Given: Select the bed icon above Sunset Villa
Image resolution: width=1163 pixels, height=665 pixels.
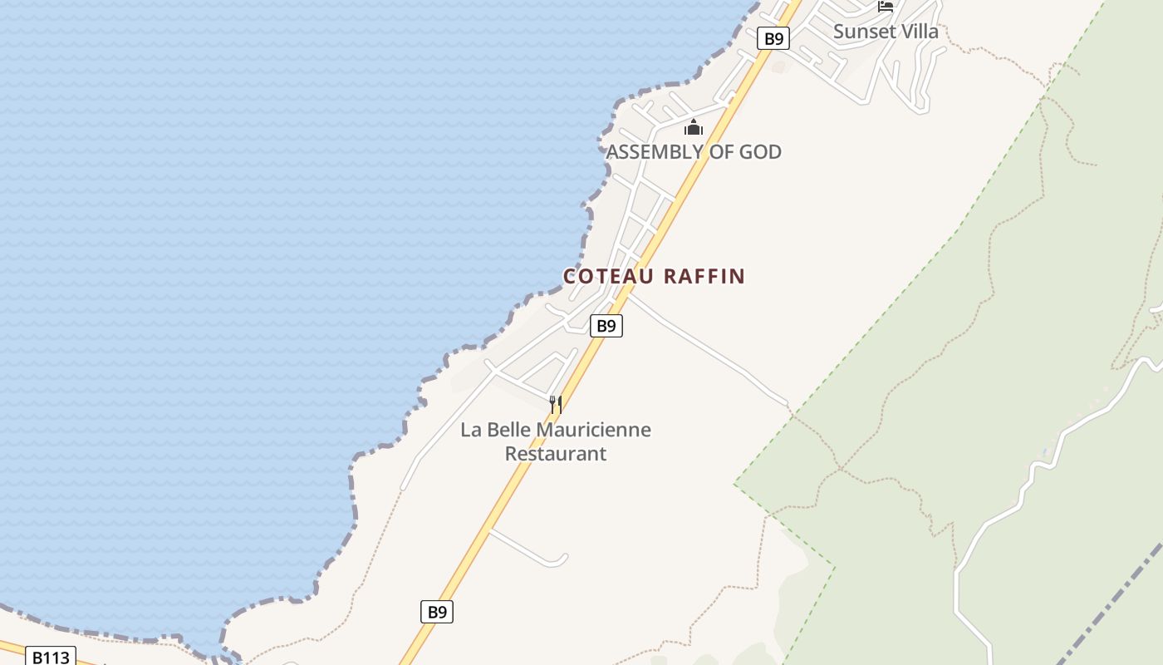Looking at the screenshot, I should coord(886,7).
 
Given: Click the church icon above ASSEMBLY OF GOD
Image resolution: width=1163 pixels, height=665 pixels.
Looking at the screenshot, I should coord(693,128).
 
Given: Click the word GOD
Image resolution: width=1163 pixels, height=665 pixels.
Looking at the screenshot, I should coord(761,152).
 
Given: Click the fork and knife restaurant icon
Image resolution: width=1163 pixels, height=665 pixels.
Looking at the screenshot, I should coord(556,405).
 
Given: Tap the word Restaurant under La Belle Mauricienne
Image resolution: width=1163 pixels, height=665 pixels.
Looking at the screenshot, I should coord(556,454).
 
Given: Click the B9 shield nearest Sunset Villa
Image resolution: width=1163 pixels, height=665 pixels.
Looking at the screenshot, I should coord(773,38).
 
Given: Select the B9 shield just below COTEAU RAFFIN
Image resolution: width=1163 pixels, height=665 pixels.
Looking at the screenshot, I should coord(606,326).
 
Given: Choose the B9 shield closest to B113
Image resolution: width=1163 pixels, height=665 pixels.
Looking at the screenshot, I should coord(437,613).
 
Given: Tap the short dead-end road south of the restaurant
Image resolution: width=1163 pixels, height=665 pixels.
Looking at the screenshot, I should coord(532,549).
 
